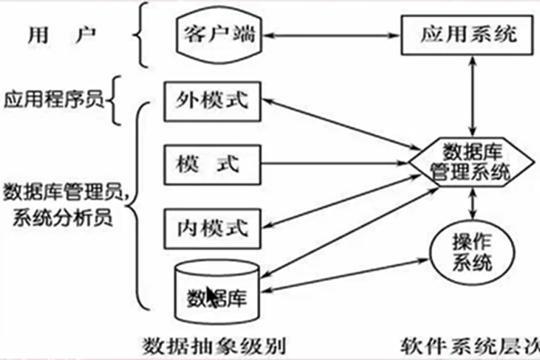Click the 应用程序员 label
click(x=52, y=100)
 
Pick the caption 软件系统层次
click(x=467, y=345)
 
